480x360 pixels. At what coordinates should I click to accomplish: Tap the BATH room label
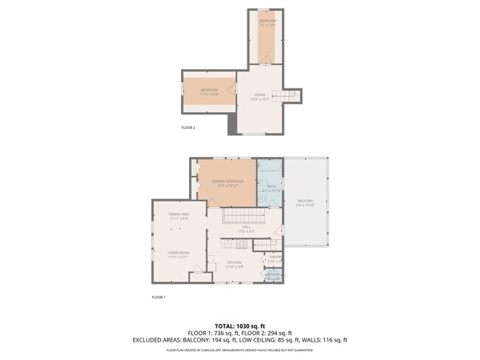point(271,188)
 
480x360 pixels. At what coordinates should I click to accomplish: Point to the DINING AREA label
point(179,216)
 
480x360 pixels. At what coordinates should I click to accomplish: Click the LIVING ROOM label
point(179,255)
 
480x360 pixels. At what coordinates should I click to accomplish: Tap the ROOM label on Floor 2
point(259,97)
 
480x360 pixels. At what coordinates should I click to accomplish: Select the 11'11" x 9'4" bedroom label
point(210,92)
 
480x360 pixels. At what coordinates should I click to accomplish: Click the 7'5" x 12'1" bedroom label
point(267,23)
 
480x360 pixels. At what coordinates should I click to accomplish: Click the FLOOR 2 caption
point(188,128)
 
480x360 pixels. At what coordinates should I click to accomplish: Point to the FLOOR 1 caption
point(158,297)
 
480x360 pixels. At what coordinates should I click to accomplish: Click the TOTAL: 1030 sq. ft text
point(239,325)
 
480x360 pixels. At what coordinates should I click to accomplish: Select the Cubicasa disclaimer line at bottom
point(239,350)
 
